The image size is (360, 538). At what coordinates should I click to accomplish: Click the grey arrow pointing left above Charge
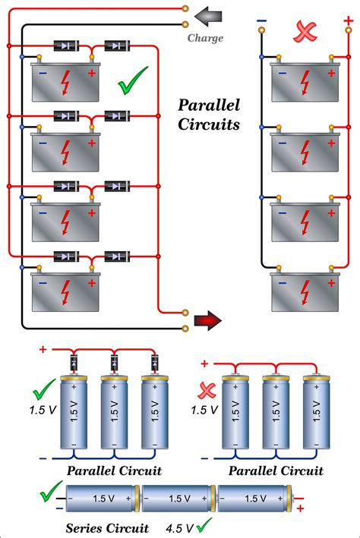pyautogui.click(x=206, y=14)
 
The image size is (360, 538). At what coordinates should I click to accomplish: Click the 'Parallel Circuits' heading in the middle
pyautogui.click(x=208, y=114)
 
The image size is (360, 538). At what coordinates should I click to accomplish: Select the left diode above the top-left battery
pyautogui.click(x=67, y=46)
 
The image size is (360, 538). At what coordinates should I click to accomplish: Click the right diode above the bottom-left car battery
pyautogui.click(x=115, y=256)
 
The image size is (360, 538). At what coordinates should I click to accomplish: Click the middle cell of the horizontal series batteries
pyautogui.click(x=177, y=499)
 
